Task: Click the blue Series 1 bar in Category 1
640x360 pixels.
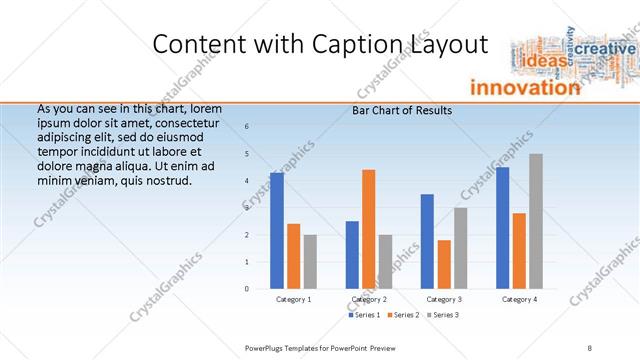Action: pos(277,231)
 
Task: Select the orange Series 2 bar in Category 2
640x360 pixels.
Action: pos(368,229)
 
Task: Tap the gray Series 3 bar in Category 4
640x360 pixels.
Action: pos(536,221)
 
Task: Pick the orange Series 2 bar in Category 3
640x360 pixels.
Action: pos(444,264)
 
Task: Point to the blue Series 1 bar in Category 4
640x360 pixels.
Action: pos(502,228)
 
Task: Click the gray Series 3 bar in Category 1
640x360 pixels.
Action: pos(310,262)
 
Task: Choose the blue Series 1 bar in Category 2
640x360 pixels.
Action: pos(352,255)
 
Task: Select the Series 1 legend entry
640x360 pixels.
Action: pos(363,315)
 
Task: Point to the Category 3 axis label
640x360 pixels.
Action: pos(444,299)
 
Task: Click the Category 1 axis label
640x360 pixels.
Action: pos(294,299)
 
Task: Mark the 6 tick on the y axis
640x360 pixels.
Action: pos(247,126)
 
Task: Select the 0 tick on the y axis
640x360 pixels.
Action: pos(247,289)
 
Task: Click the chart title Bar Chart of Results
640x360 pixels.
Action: pos(402,111)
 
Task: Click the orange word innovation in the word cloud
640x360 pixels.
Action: pos(524,87)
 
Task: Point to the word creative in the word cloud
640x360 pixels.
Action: pos(606,49)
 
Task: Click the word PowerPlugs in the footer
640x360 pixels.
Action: pos(265,347)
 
